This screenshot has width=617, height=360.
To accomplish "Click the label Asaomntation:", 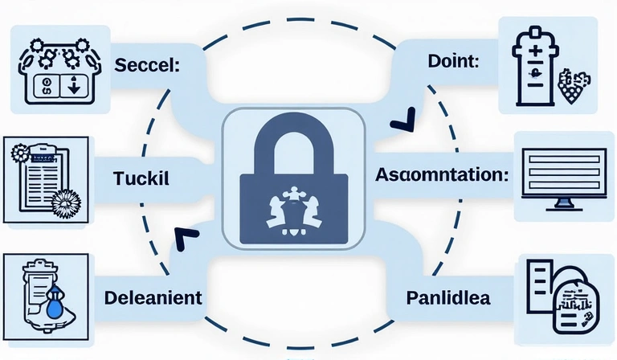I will click(442, 175).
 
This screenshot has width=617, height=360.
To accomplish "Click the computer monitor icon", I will click(564, 178).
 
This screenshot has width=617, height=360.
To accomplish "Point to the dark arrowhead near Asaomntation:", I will click(400, 123).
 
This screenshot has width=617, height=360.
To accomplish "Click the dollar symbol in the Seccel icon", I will click(47, 87).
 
